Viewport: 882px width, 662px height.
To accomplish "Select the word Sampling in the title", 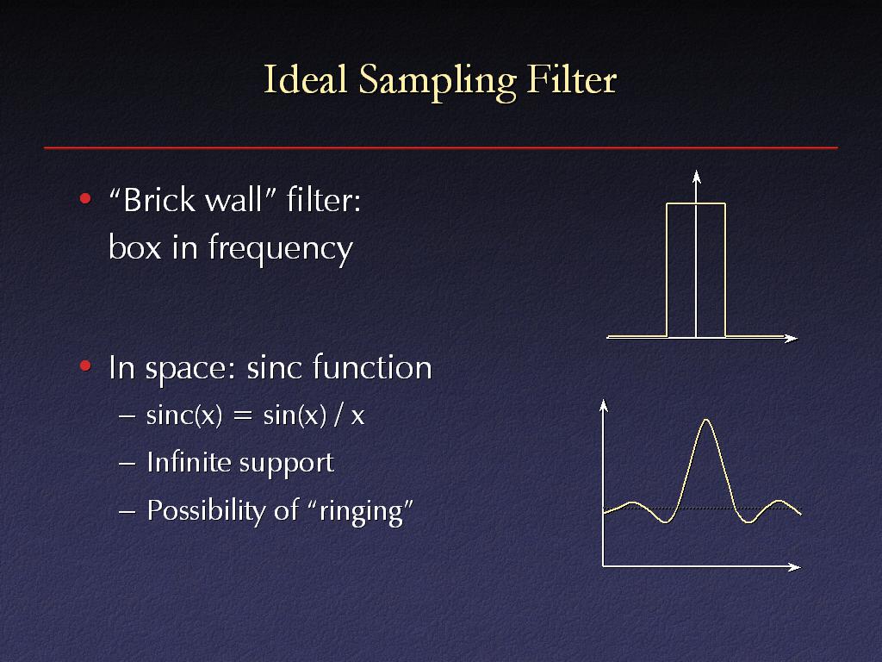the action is tap(437, 82).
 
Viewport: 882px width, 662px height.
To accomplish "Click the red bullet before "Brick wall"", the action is tap(85, 199).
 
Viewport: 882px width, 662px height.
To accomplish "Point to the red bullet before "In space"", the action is tap(85, 366).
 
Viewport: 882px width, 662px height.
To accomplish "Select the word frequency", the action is tap(281, 249).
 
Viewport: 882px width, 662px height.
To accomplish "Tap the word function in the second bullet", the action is tap(372, 367).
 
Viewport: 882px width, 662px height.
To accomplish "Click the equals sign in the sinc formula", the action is tap(242, 416).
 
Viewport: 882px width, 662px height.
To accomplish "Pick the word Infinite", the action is tap(189, 462).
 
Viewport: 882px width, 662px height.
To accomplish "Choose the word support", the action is tap(287, 465).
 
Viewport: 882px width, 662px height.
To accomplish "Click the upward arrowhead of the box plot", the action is tap(696, 176).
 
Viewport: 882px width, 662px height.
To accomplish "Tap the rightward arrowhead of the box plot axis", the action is tap(791, 338).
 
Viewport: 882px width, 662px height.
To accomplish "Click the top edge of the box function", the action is tap(696, 203).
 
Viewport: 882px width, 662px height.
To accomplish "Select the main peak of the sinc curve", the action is tap(706, 420).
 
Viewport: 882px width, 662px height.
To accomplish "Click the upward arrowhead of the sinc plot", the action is tap(604, 405).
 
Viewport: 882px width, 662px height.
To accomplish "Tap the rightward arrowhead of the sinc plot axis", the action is tap(794, 567).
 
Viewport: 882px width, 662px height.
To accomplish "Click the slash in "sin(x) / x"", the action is tap(338, 415).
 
